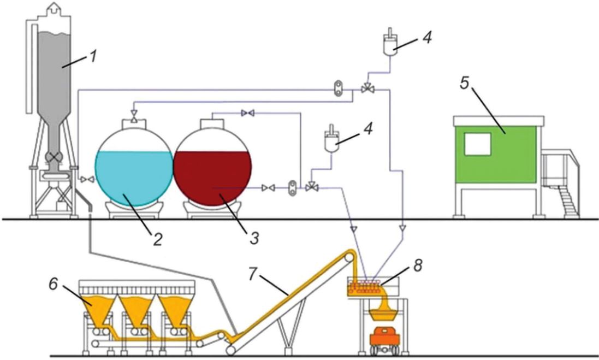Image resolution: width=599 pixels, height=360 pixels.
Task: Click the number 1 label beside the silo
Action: [93, 57]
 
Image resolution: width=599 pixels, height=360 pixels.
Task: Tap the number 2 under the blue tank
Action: [157, 239]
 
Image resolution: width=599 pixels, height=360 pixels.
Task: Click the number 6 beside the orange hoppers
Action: [54, 284]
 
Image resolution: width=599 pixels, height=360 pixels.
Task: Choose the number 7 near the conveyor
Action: [253, 274]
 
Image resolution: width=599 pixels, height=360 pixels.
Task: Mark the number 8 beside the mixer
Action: [418, 266]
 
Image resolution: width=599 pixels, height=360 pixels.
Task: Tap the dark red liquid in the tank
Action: [212, 178]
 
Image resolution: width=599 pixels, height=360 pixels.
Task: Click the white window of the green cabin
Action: [478, 144]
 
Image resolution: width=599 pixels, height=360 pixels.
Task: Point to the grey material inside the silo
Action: [55, 84]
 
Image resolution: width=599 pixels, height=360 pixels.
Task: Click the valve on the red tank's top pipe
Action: [247, 113]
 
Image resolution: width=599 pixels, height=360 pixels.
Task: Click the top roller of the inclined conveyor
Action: [349, 257]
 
